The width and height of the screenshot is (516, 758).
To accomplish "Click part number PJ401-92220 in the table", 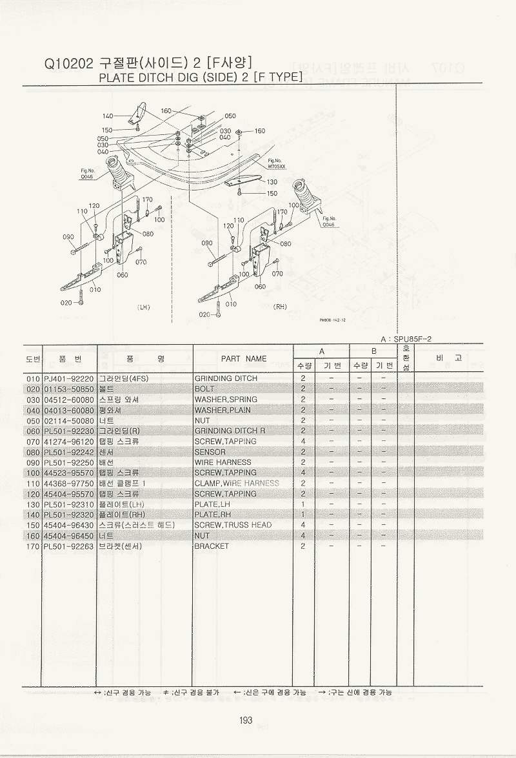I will click(69, 378).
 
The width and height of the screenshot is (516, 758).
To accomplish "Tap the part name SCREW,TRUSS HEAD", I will click(233, 525).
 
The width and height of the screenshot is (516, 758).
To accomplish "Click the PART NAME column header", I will click(243, 358).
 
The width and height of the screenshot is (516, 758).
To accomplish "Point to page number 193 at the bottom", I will click(245, 721).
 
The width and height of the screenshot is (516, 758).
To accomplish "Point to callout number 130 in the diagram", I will click(272, 182).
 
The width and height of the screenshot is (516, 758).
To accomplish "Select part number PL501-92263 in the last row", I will click(69, 546).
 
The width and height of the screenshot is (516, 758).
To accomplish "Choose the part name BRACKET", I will click(212, 546).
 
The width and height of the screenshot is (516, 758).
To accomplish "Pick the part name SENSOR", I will click(210, 452).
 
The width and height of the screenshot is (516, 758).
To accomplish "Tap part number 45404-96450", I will click(69, 535).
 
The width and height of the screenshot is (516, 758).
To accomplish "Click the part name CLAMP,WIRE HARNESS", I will click(237, 483).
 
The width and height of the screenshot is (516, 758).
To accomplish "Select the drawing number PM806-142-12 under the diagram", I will click(332, 319).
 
